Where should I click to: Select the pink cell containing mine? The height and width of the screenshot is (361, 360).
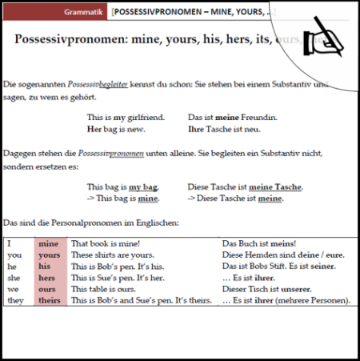49,243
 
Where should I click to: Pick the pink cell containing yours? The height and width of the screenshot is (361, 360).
49,255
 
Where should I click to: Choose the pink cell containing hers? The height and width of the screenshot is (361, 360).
49,278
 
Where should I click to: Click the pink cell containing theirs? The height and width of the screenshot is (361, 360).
49,301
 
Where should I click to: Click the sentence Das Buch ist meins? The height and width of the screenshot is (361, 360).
258,243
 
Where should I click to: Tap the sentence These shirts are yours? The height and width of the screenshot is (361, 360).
113,255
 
